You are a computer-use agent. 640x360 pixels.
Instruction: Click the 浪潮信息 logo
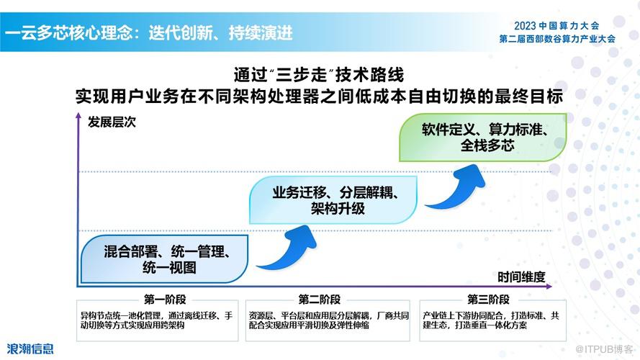click(x=30, y=349)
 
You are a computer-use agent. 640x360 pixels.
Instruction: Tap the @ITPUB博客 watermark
click(x=604, y=349)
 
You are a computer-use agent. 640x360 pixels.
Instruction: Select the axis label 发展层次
click(x=112, y=122)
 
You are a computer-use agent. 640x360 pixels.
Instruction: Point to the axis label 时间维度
click(x=521, y=277)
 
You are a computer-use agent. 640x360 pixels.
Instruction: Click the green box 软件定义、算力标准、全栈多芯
click(x=483, y=137)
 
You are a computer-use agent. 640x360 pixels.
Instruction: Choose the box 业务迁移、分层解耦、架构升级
click(x=333, y=200)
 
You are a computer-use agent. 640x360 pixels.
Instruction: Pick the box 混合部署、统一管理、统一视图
click(x=164, y=259)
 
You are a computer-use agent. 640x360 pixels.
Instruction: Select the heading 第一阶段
click(x=165, y=300)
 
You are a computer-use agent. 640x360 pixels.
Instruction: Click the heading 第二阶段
click(x=319, y=300)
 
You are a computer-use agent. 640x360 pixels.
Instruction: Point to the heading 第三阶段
click(x=488, y=300)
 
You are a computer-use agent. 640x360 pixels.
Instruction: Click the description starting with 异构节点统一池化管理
click(x=156, y=320)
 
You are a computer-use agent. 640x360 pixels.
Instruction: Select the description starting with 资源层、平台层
click(x=328, y=320)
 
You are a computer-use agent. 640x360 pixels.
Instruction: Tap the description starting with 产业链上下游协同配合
click(x=491, y=320)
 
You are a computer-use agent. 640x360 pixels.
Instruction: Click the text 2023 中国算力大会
click(x=556, y=26)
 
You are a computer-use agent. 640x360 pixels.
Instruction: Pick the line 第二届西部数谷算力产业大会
click(x=557, y=39)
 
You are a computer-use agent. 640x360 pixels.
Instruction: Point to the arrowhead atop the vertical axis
click(x=78, y=117)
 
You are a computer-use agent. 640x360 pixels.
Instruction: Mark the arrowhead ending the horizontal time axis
click(x=549, y=287)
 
